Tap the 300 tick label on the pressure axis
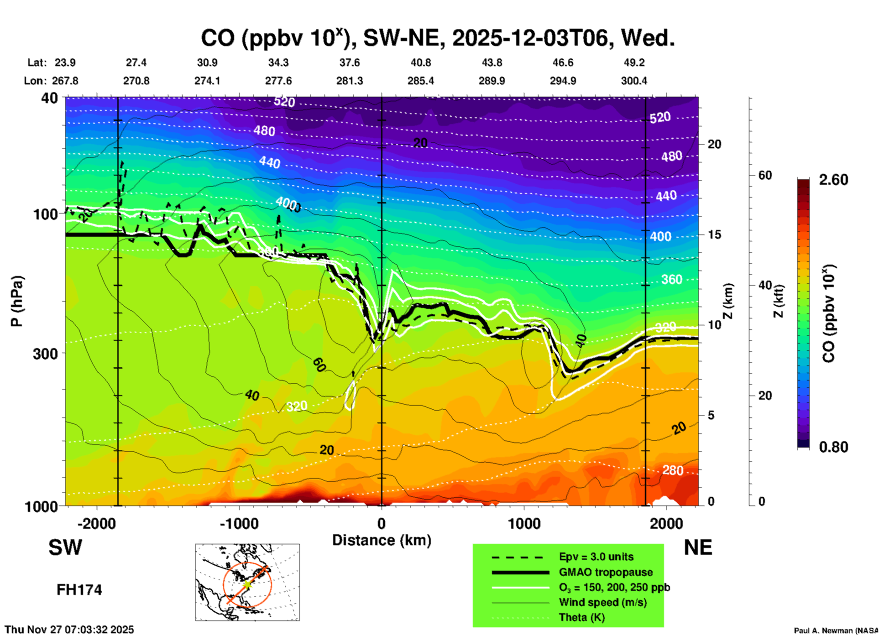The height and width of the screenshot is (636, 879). point(45,354)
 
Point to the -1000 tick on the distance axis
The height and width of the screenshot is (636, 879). point(239,523)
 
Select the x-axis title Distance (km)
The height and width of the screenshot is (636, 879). point(382,540)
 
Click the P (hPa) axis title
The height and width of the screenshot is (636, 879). point(17,301)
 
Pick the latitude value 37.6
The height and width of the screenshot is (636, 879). point(349,63)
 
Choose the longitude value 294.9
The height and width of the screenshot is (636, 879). point(563,81)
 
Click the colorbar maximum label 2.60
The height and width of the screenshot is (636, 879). point(833,180)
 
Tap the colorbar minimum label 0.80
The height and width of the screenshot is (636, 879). point(833,447)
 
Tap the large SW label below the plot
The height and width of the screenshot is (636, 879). point(65,547)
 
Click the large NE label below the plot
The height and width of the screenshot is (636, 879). point(698,547)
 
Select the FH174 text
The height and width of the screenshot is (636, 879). point(79,590)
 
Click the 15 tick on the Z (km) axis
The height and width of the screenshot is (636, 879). point(714,235)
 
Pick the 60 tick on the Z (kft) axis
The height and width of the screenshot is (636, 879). point(765,175)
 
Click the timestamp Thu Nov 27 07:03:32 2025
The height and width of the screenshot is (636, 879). point(69,630)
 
